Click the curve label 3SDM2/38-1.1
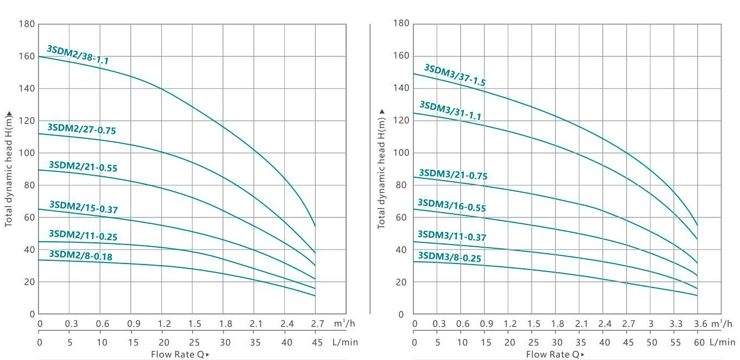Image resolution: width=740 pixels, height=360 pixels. point(78,55)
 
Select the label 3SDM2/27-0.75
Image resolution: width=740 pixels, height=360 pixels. point(81,128)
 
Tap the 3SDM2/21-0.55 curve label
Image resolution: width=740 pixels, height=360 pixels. point(82,166)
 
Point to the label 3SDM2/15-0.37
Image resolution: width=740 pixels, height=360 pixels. point(83,207)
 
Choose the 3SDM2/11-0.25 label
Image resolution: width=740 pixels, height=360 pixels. point(82,235)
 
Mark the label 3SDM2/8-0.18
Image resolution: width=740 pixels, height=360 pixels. point(80,255)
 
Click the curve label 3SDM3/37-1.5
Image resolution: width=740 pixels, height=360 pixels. point(455,75)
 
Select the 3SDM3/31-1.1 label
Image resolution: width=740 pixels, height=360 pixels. point(450,110)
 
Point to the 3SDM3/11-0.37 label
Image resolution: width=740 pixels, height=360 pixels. point(451,236)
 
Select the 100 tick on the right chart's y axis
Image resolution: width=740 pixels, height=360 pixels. point(402,153)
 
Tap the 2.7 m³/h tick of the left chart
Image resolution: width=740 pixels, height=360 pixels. point(315,324)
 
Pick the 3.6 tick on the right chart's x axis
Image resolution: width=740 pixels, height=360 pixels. point(700,324)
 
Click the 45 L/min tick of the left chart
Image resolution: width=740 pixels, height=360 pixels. point(315,343)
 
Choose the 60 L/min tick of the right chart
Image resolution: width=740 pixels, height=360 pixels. point(699,343)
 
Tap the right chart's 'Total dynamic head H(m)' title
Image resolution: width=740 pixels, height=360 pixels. point(381,169)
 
